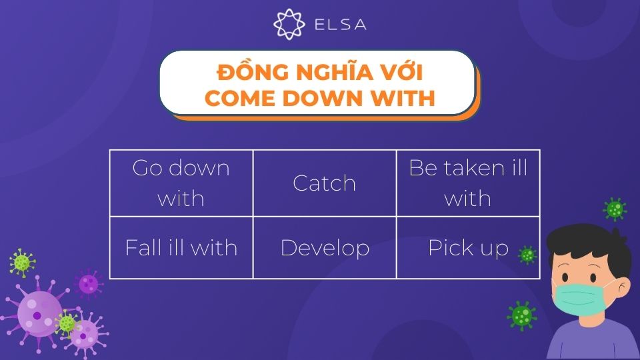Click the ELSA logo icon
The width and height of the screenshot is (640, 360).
coord(289,24)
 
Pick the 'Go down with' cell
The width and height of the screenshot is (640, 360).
coord(181,183)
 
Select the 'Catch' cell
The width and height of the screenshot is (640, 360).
coord(325,183)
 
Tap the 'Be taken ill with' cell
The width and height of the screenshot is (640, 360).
coord(468,183)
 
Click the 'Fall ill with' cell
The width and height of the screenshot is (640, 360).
coord(181,247)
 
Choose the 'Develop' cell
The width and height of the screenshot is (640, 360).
coord(325,247)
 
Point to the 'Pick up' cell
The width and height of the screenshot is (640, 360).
coord(468,247)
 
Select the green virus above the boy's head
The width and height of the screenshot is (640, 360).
coord(615,209)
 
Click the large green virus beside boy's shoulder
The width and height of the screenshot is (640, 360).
coord(521,315)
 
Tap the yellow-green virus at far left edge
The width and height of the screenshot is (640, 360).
coord(22,263)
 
